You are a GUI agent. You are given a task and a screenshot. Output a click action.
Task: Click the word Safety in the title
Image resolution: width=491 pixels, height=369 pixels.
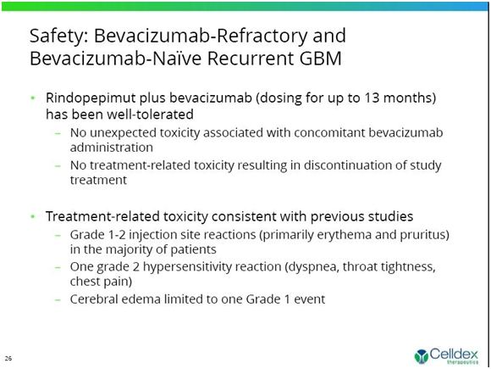coord(59,36)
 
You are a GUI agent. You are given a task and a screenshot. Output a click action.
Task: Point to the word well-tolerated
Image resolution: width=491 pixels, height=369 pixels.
coord(151,115)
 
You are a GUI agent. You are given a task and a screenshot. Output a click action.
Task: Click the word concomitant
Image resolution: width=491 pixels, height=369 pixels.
coord(329,132)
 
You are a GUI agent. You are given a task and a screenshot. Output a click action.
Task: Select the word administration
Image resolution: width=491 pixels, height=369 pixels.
coord(112,148)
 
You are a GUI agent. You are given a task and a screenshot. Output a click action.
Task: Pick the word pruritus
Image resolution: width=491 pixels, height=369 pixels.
coord(425,235)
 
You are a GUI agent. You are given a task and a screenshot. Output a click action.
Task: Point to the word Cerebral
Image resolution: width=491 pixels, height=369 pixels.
coord(94,299)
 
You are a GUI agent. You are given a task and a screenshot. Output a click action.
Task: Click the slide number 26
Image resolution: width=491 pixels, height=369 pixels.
coord(8,358)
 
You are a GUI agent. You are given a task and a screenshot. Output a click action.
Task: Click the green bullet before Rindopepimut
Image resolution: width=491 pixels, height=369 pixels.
coord(33,98)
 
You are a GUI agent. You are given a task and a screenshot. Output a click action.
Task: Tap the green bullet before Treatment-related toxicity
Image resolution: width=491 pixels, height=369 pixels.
coord(33,216)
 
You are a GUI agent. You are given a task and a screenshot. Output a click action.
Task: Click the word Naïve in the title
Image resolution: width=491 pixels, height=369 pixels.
coord(177,59)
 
